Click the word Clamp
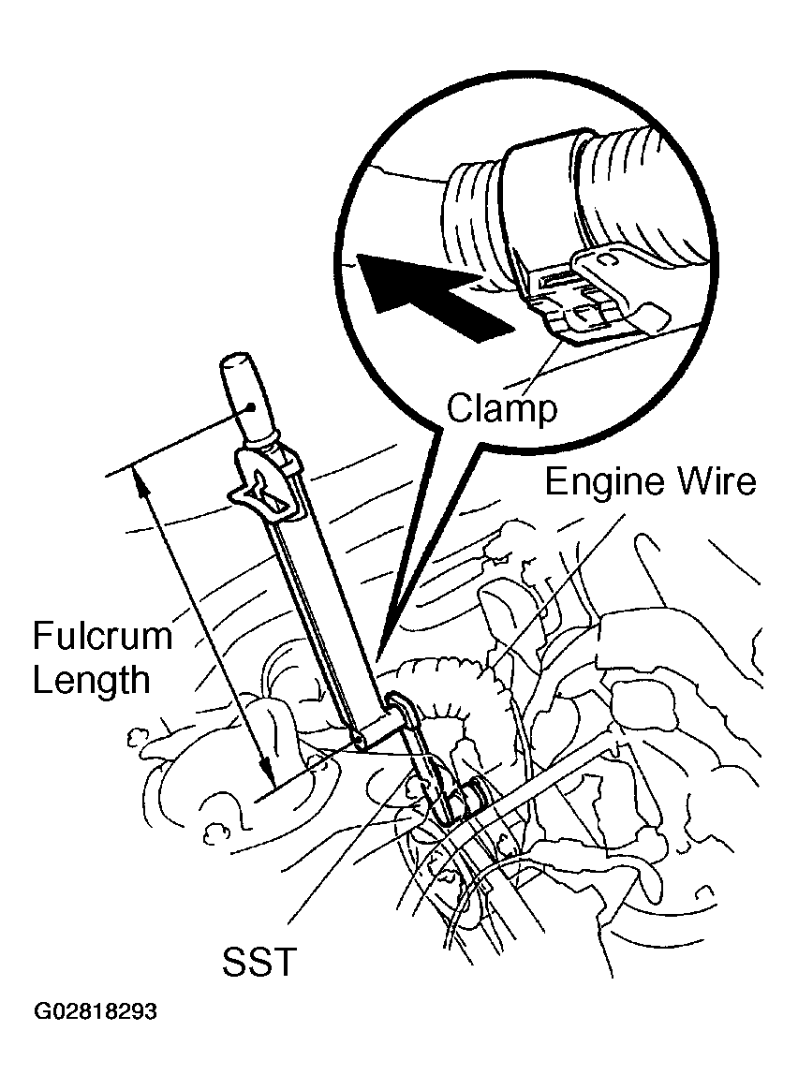pyautogui.click(x=502, y=408)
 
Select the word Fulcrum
pyautogui.click(x=102, y=636)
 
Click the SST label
pyautogui.click(x=259, y=962)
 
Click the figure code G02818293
pyautogui.click(x=96, y=1010)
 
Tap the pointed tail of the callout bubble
pyautogui.click(x=381, y=657)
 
